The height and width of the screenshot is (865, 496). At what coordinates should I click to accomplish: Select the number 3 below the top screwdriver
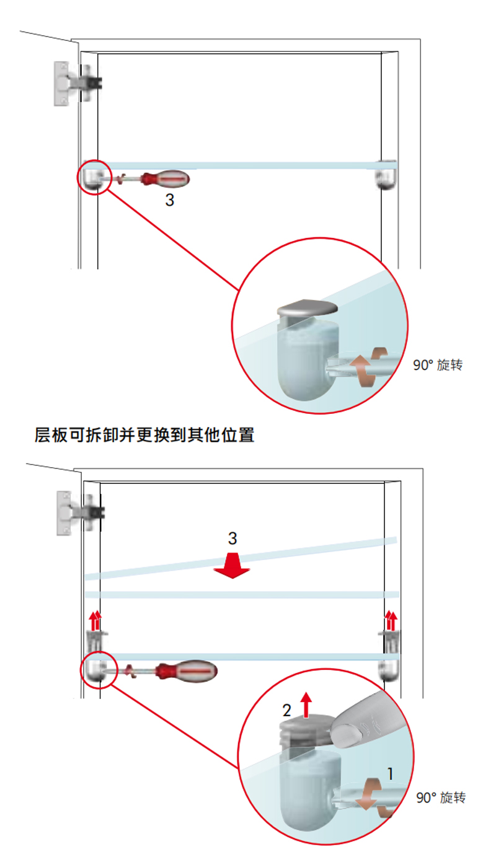pyautogui.click(x=169, y=200)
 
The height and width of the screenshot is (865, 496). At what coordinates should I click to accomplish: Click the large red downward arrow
pyautogui.click(x=232, y=566)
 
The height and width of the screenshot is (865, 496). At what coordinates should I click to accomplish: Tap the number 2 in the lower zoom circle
pyautogui.click(x=287, y=708)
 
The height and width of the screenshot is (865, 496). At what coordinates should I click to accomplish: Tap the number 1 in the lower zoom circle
pyautogui.click(x=390, y=773)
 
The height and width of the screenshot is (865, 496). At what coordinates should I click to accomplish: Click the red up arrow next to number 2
pyautogui.click(x=305, y=704)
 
